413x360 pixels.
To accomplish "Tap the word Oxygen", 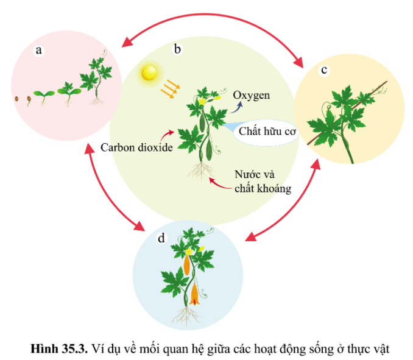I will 251,96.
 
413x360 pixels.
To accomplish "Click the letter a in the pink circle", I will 39,51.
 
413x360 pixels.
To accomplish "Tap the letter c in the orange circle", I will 323,69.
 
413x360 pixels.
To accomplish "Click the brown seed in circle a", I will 16,98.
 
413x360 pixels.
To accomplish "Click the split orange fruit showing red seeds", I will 195,292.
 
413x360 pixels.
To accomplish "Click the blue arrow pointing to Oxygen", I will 236,107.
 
